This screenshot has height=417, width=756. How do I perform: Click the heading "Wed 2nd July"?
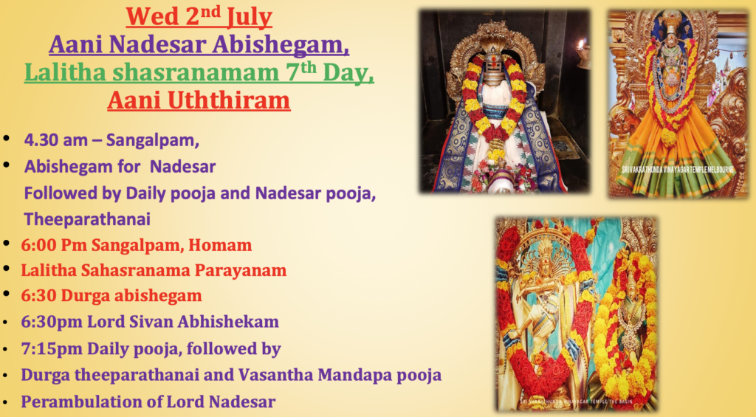coord(199,16)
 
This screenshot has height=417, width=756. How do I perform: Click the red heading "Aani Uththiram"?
coord(199,100)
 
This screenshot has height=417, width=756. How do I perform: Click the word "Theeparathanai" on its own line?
coord(87,219)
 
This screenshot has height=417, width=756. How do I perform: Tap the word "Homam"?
coord(220,245)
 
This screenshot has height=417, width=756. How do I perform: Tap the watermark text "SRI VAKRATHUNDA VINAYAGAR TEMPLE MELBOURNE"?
coord(678,170)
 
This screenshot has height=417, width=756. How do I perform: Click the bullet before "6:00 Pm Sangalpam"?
coord(7,243)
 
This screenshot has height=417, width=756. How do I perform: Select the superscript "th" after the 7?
coord(309,67)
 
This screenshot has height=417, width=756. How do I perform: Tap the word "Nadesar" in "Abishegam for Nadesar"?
coord(183,167)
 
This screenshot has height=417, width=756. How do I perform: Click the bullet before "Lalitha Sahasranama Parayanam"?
coord(7,268)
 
